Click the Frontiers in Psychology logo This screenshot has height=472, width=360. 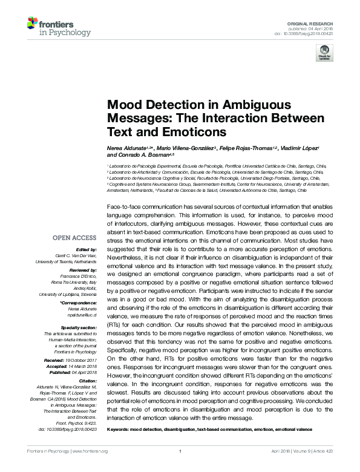pos(59,27)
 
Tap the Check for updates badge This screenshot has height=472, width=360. pos(324,53)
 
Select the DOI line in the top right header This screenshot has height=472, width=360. pos(308,33)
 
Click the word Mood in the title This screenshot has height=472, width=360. pos(124,105)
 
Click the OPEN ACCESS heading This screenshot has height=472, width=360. pos(74,238)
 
